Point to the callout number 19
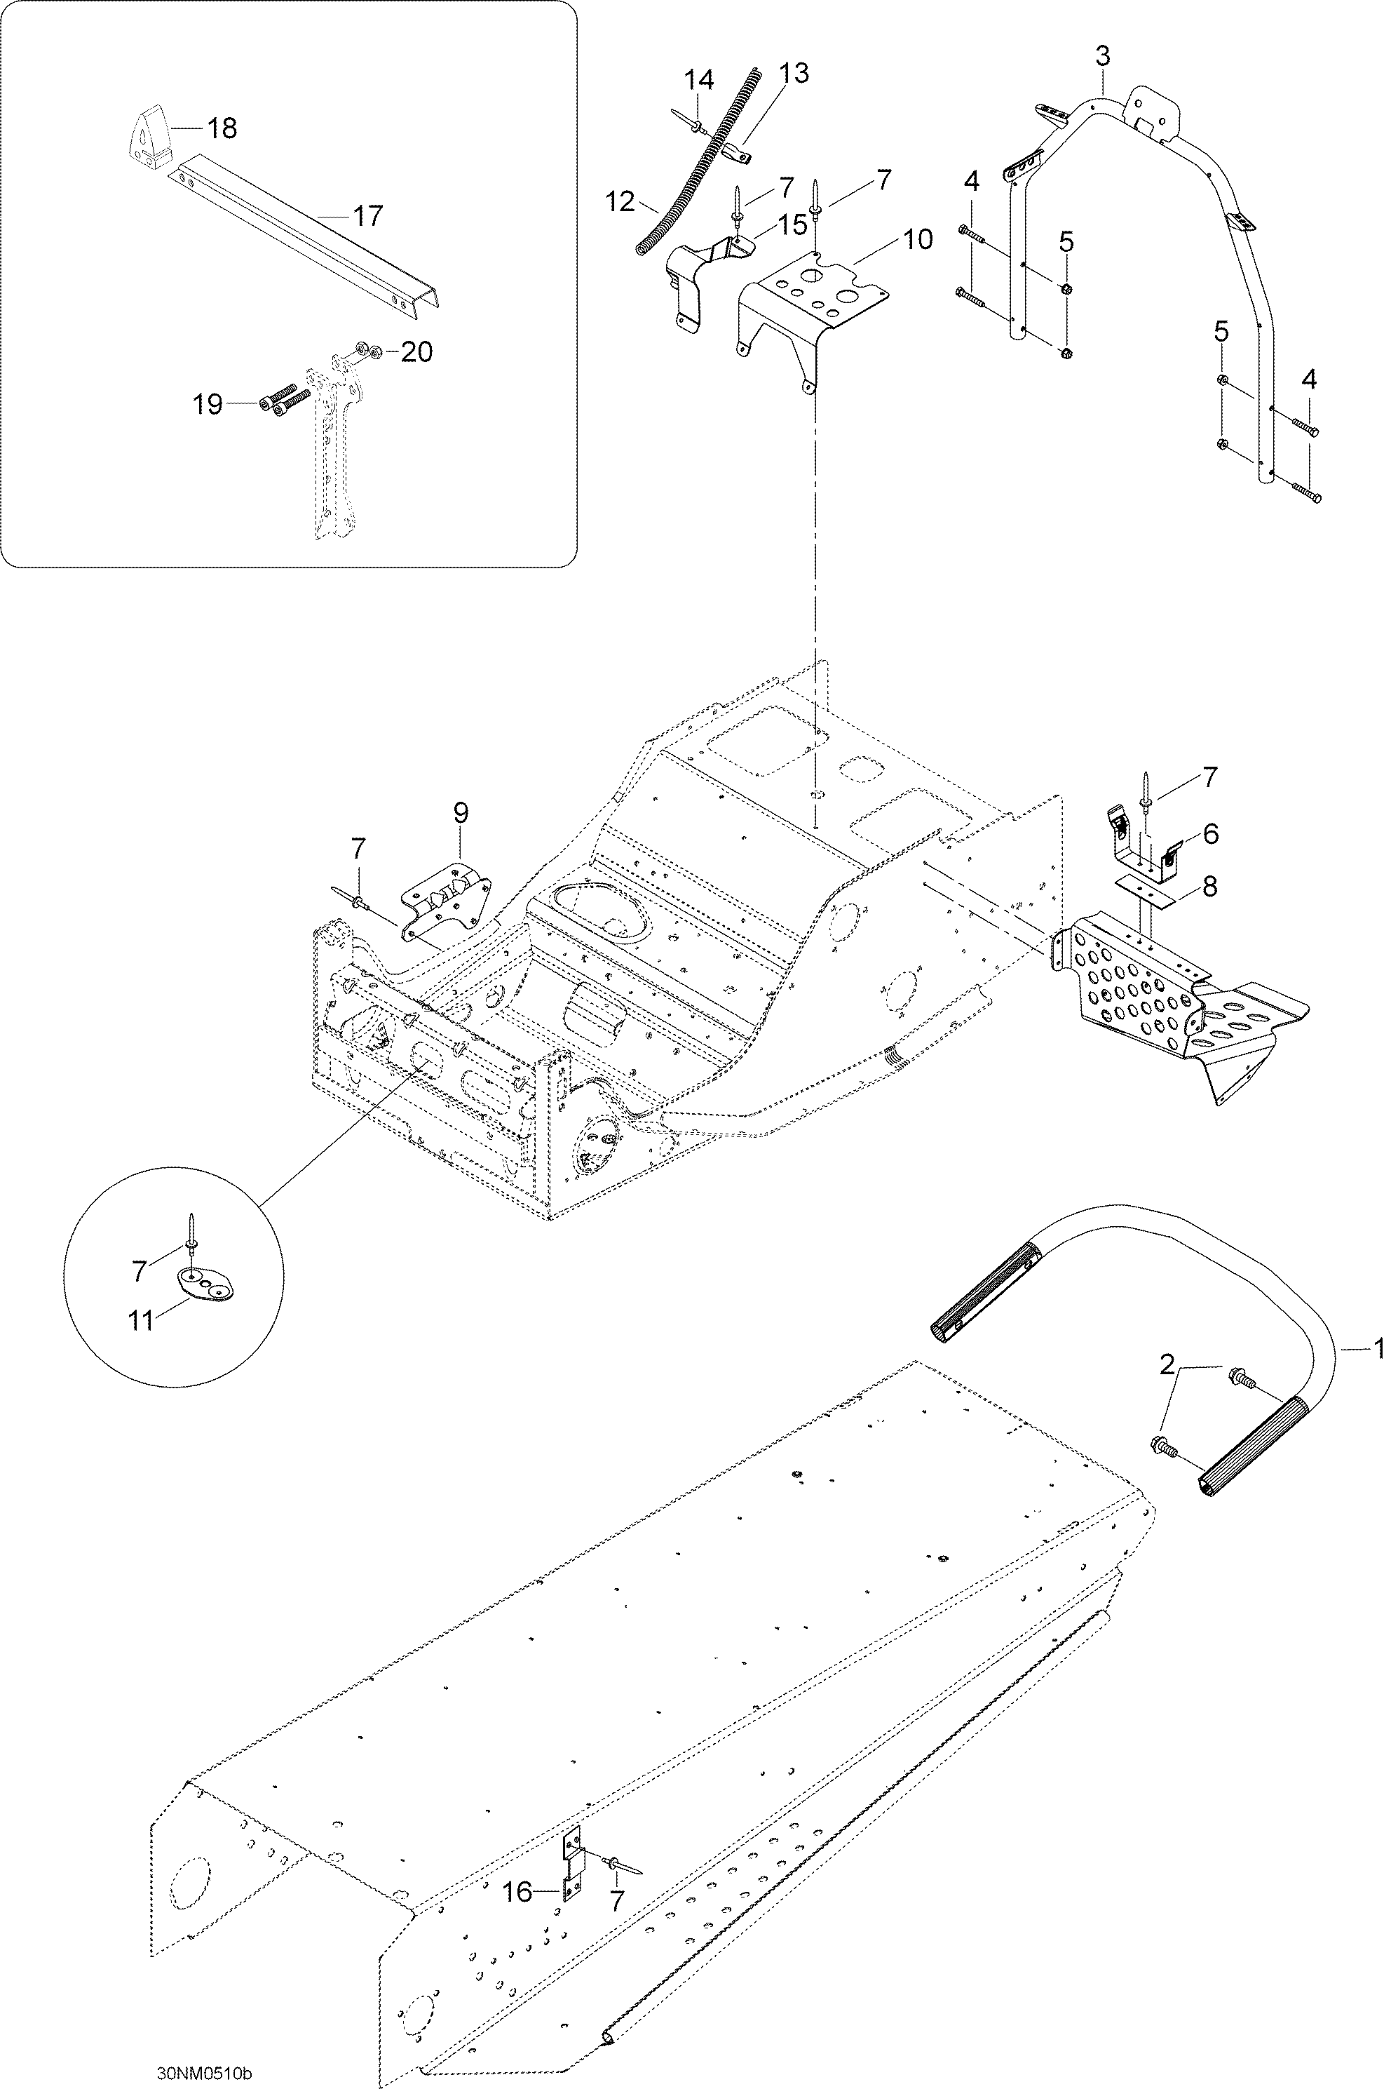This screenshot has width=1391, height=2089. (208, 405)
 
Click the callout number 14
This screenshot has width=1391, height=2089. (699, 80)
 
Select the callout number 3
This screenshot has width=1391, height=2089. (1102, 56)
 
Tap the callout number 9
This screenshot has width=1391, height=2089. (461, 813)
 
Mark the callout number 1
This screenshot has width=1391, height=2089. (1378, 1349)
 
